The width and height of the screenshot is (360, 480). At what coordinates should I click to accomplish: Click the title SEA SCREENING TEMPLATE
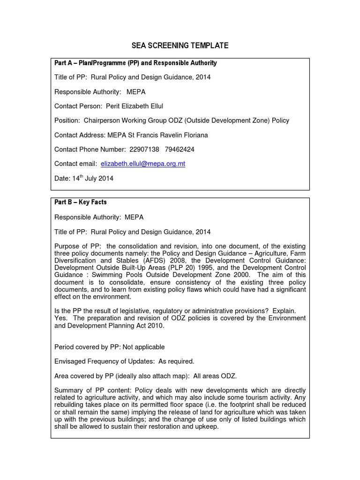tap(180, 45)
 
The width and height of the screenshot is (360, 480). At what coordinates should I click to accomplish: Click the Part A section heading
tap(135, 63)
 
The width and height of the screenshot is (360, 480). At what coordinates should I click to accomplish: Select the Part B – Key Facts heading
tap(81, 202)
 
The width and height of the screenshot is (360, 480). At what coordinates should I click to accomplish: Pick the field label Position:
tap(67, 120)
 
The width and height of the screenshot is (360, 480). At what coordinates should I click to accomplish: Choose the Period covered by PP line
tap(110, 347)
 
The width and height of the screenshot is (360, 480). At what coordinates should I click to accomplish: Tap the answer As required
tap(175, 361)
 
